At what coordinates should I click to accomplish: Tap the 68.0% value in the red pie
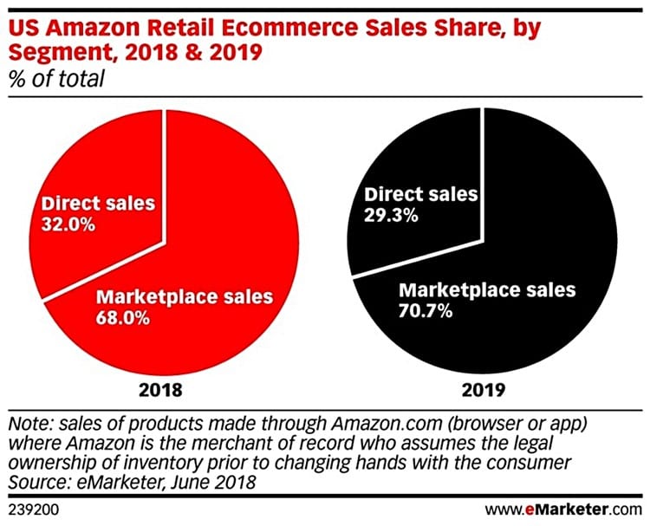click(122, 317)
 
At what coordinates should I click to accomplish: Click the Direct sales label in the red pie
click(98, 205)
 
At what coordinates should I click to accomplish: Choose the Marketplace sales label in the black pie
click(485, 290)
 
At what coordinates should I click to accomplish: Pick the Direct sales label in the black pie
click(420, 195)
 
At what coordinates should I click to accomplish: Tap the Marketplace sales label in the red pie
click(184, 296)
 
